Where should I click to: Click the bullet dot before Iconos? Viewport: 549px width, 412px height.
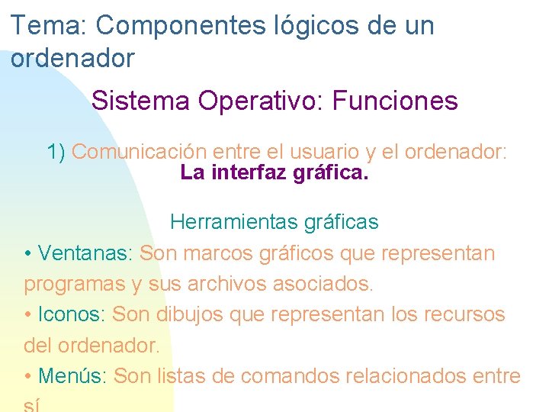(27, 315)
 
